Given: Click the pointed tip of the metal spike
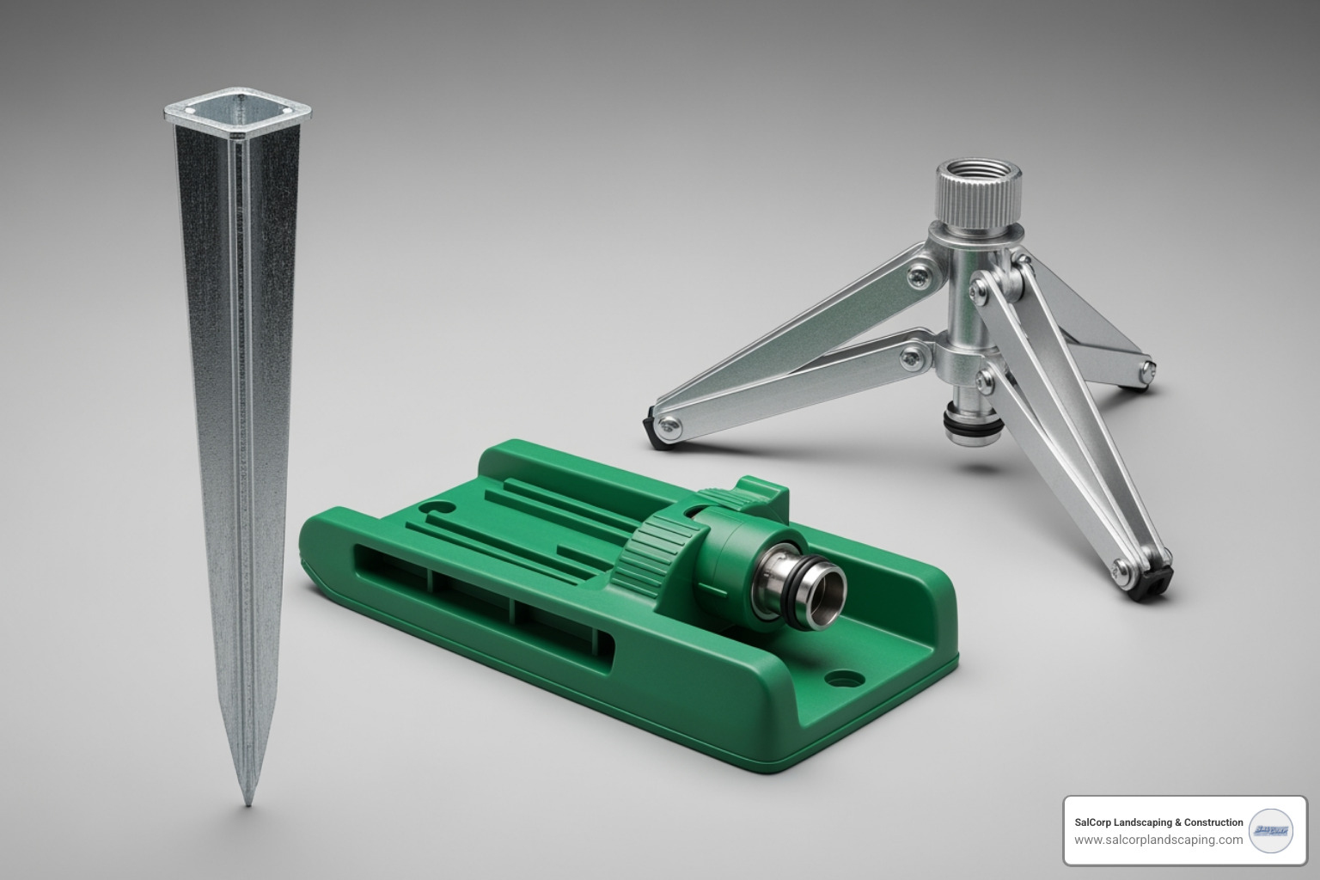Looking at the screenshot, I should point(248,803).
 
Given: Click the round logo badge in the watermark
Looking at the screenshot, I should point(1273,831).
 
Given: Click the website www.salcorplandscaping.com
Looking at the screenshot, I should point(1158,840).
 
